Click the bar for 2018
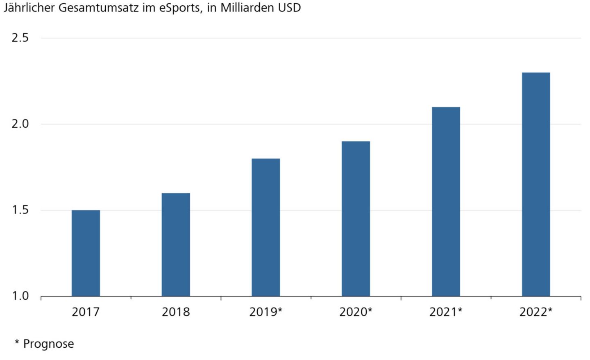(176, 245)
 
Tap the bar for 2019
(266, 227)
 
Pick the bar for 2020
(356, 219)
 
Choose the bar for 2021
(446, 202)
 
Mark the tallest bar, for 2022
(536, 184)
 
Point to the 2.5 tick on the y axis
(20, 38)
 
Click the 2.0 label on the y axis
(20, 124)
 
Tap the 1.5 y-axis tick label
(20, 210)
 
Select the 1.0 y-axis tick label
(20, 296)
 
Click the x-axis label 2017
(86, 312)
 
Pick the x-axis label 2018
(176, 312)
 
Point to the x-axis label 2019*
(266, 312)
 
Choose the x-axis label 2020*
(356, 312)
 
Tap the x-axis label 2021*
(446, 312)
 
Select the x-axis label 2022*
(536, 312)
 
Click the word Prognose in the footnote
(48, 344)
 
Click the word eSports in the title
(180, 8)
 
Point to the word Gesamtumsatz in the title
(99, 8)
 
